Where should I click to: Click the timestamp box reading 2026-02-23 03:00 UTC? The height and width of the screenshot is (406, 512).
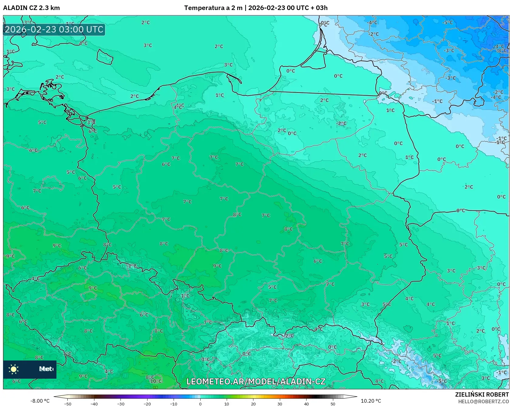pos(54,29)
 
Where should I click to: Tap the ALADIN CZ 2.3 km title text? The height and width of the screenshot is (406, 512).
pos(31,8)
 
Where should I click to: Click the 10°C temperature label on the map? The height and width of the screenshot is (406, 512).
pos(156,381)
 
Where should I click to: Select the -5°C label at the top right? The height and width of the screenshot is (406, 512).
pos(447,22)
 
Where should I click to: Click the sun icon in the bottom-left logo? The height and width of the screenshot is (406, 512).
pos(14,369)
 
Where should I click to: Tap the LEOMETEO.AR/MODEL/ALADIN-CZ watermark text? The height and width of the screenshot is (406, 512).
pos(256,381)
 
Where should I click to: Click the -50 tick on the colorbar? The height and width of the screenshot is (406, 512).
pos(68,404)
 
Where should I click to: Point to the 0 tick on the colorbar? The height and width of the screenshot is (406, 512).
pos(200,404)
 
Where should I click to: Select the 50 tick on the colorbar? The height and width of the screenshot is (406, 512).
pos(333,404)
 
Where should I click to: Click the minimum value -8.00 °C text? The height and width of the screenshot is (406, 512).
pos(40,401)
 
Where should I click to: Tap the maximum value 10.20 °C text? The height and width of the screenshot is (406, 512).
pos(371,401)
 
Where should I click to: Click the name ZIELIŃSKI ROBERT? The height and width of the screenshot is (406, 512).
pos(482,394)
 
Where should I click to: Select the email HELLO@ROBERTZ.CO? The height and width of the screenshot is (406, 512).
pos(483,401)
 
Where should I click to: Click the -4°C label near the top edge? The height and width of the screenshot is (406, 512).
pos(372,22)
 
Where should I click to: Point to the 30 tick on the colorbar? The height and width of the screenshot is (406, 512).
pos(280,404)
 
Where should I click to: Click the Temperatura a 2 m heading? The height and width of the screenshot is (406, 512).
pos(213,8)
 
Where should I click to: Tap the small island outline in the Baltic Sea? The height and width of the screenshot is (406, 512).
pos(105,57)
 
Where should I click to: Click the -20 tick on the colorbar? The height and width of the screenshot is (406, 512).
pos(147,404)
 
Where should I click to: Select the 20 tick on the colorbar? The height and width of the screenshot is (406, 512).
pos(253,404)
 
